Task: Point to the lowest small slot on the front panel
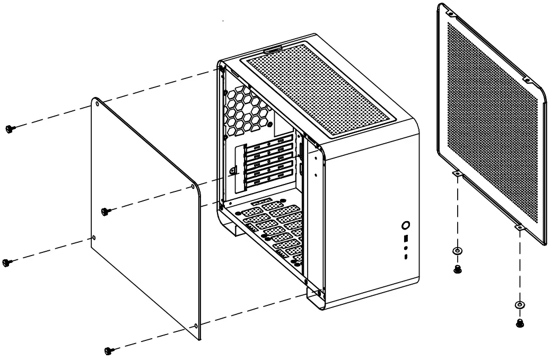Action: point(406,258)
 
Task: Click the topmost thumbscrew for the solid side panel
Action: point(9,128)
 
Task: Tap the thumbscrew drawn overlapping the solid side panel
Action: point(105,211)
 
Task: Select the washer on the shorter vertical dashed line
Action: point(457,251)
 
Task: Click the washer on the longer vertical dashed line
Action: point(519,305)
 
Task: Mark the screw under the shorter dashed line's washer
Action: point(457,269)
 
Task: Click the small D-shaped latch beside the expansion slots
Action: point(233,170)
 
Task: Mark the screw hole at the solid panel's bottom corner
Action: point(196,325)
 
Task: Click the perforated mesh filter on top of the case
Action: point(324,85)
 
